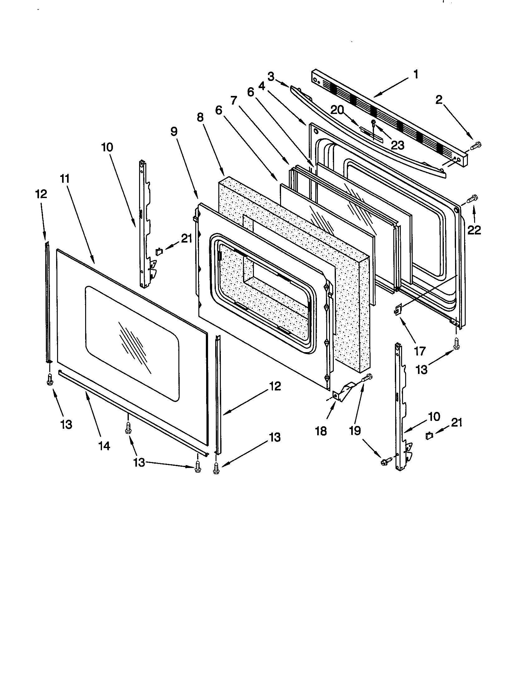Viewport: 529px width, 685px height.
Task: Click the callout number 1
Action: [x=415, y=74]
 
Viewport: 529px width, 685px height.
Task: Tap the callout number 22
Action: [x=474, y=230]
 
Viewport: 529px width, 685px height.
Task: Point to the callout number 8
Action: [x=200, y=117]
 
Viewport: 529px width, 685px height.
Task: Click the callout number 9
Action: [x=174, y=132]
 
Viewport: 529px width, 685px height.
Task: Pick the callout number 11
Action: [x=65, y=179]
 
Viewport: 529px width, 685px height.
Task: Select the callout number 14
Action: [x=104, y=446]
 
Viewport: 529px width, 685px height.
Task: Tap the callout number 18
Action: [x=321, y=431]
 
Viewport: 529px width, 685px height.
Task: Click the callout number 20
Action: [x=337, y=110]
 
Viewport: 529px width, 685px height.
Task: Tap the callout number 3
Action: [x=271, y=76]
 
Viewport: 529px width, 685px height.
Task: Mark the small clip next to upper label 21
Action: [x=159, y=251]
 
